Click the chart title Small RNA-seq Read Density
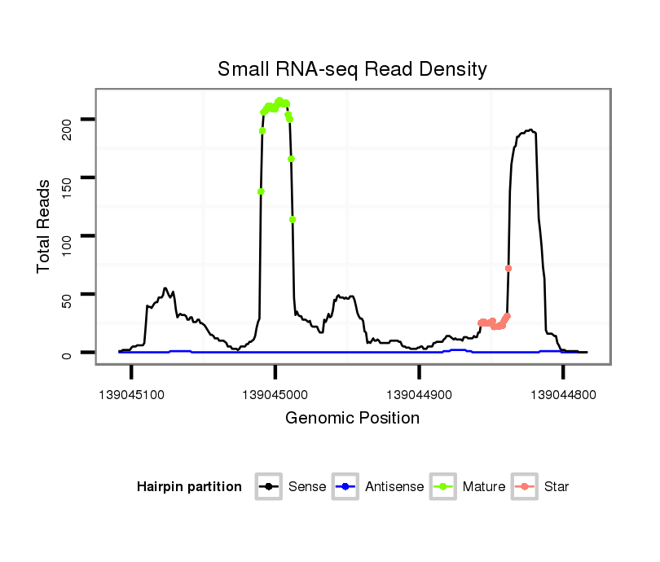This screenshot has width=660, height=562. pyautogui.click(x=352, y=69)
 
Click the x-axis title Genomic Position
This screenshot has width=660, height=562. pyautogui.click(x=352, y=418)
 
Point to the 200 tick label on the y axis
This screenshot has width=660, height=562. pyautogui.click(x=68, y=120)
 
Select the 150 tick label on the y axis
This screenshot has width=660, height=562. pyautogui.click(x=68, y=178)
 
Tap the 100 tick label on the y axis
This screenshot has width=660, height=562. pyautogui.click(x=68, y=236)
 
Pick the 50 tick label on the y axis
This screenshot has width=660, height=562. pyautogui.click(x=68, y=294)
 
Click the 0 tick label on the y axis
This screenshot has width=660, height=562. pyautogui.click(x=68, y=353)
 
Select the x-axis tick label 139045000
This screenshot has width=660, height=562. pyautogui.click(x=275, y=393)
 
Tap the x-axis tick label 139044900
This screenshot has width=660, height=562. pyautogui.click(x=419, y=393)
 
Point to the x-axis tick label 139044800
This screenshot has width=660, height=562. pyautogui.click(x=563, y=393)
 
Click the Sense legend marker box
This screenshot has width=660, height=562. pyautogui.click(x=269, y=487)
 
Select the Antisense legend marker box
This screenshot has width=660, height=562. pyautogui.click(x=345, y=487)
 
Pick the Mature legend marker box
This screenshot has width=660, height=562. pyautogui.click(x=443, y=487)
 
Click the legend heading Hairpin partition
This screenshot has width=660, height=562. pyautogui.click(x=189, y=487)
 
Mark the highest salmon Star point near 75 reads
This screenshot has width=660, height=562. pyautogui.click(x=508, y=268)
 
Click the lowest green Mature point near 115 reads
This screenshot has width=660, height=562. pyautogui.click(x=292, y=219)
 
